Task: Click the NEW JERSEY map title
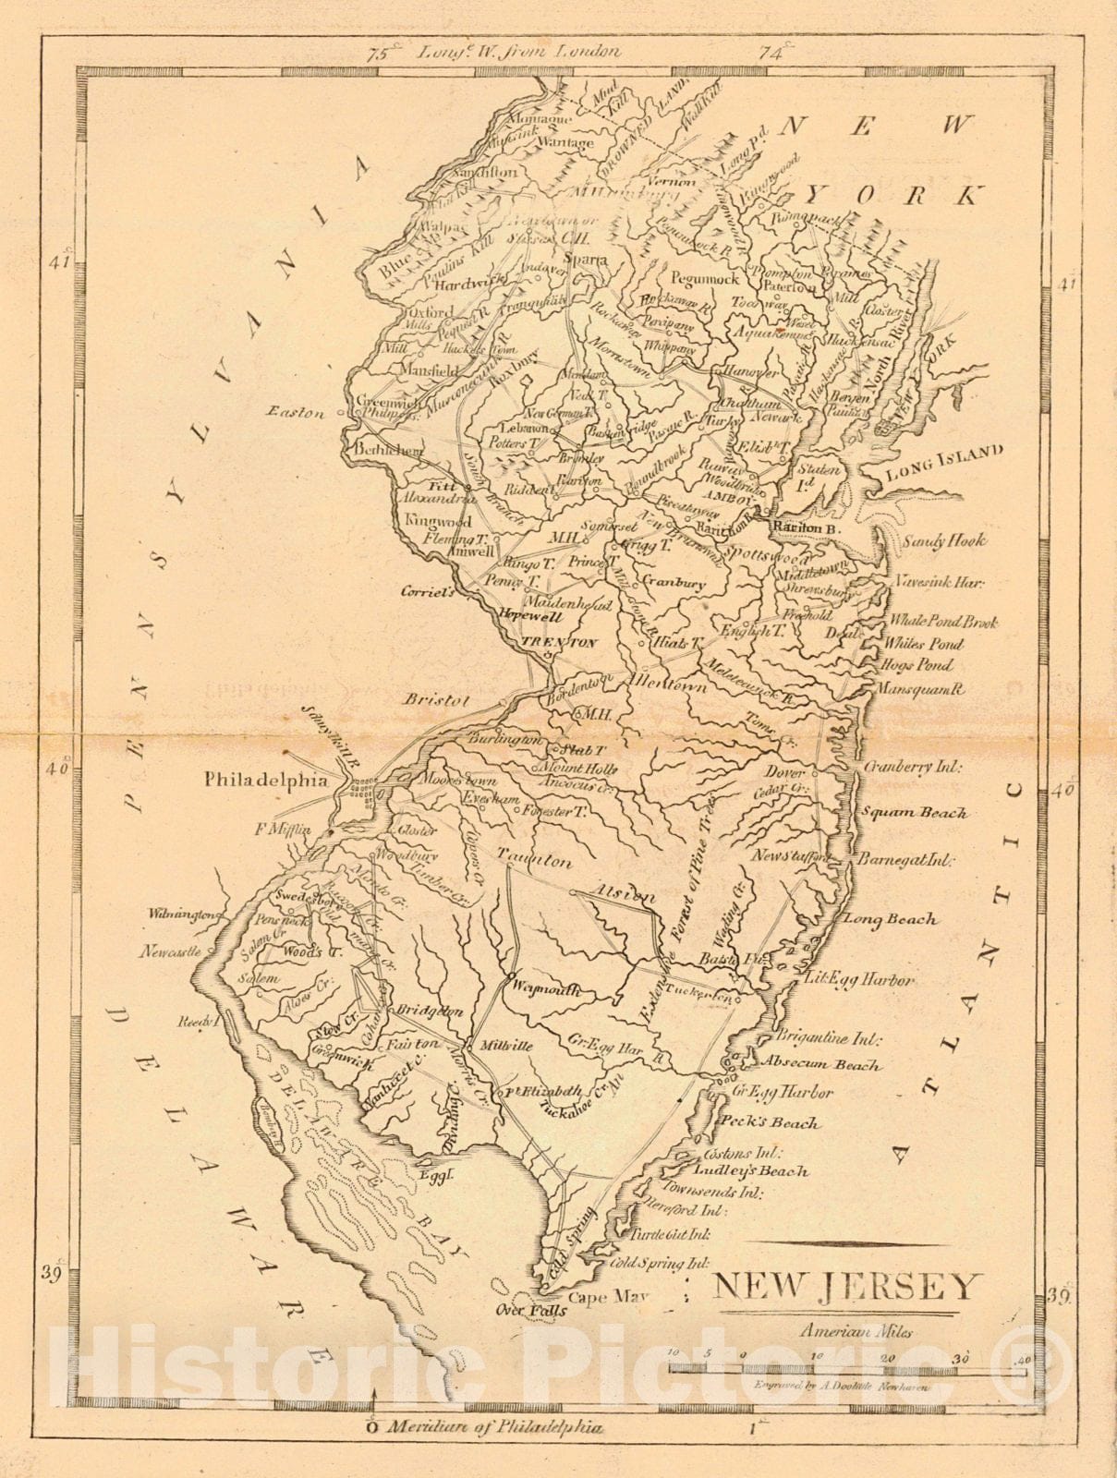click(847, 1286)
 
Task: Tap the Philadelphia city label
click(265, 780)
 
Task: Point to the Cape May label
click(608, 1297)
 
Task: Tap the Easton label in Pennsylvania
click(297, 413)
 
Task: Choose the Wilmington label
click(183, 915)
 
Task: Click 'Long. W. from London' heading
click(517, 53)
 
